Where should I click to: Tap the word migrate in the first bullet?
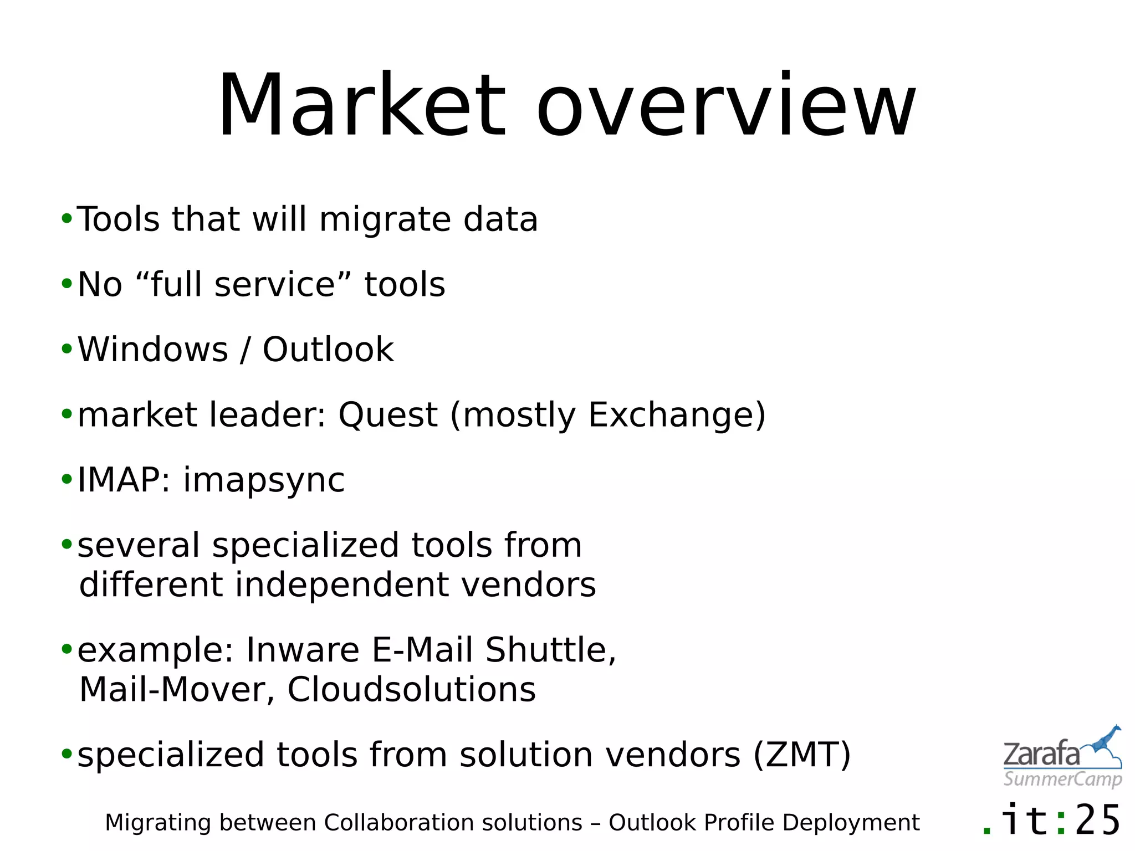385,219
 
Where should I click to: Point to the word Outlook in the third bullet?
328,350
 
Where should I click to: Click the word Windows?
153,350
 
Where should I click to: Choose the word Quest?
388,415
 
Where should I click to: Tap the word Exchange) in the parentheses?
677,415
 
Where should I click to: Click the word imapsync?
264,480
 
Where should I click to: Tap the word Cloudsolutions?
411,690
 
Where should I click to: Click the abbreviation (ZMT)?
801,755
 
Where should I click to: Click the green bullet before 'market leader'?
67,414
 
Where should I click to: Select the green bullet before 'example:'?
67,649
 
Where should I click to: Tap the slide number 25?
1097,821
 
